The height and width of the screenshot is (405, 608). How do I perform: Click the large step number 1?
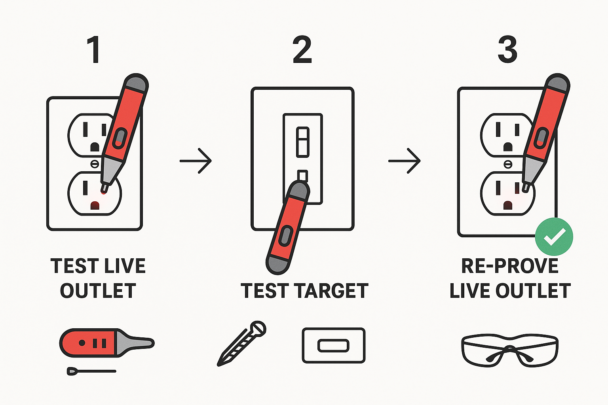pos(94,50)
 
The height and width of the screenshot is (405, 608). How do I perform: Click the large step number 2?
pos(302,50)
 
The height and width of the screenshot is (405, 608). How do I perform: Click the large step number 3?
pos(507,50)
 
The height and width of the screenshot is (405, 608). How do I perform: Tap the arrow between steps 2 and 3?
pos(404,161)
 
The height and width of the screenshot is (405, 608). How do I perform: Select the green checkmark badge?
pos(554,237)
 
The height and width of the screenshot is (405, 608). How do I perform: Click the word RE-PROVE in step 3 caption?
pos(510,266)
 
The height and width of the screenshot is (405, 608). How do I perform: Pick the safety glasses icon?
pos(510,350)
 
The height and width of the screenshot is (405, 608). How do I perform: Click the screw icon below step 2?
pos(242,343)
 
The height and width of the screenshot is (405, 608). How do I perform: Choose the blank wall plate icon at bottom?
pos(333,345)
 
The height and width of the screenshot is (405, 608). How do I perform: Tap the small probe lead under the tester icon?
pos(91,371)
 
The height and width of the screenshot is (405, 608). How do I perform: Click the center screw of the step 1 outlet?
pos(95,163)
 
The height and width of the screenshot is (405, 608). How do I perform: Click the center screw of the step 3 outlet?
pos(508,164)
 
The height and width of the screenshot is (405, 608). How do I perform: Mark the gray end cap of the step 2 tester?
pos(277,264)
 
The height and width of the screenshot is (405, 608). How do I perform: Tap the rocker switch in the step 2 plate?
pos(303,142)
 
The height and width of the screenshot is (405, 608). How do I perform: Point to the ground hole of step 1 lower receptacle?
pos(95,205)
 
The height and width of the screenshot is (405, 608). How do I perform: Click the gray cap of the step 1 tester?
pos(136,83)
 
